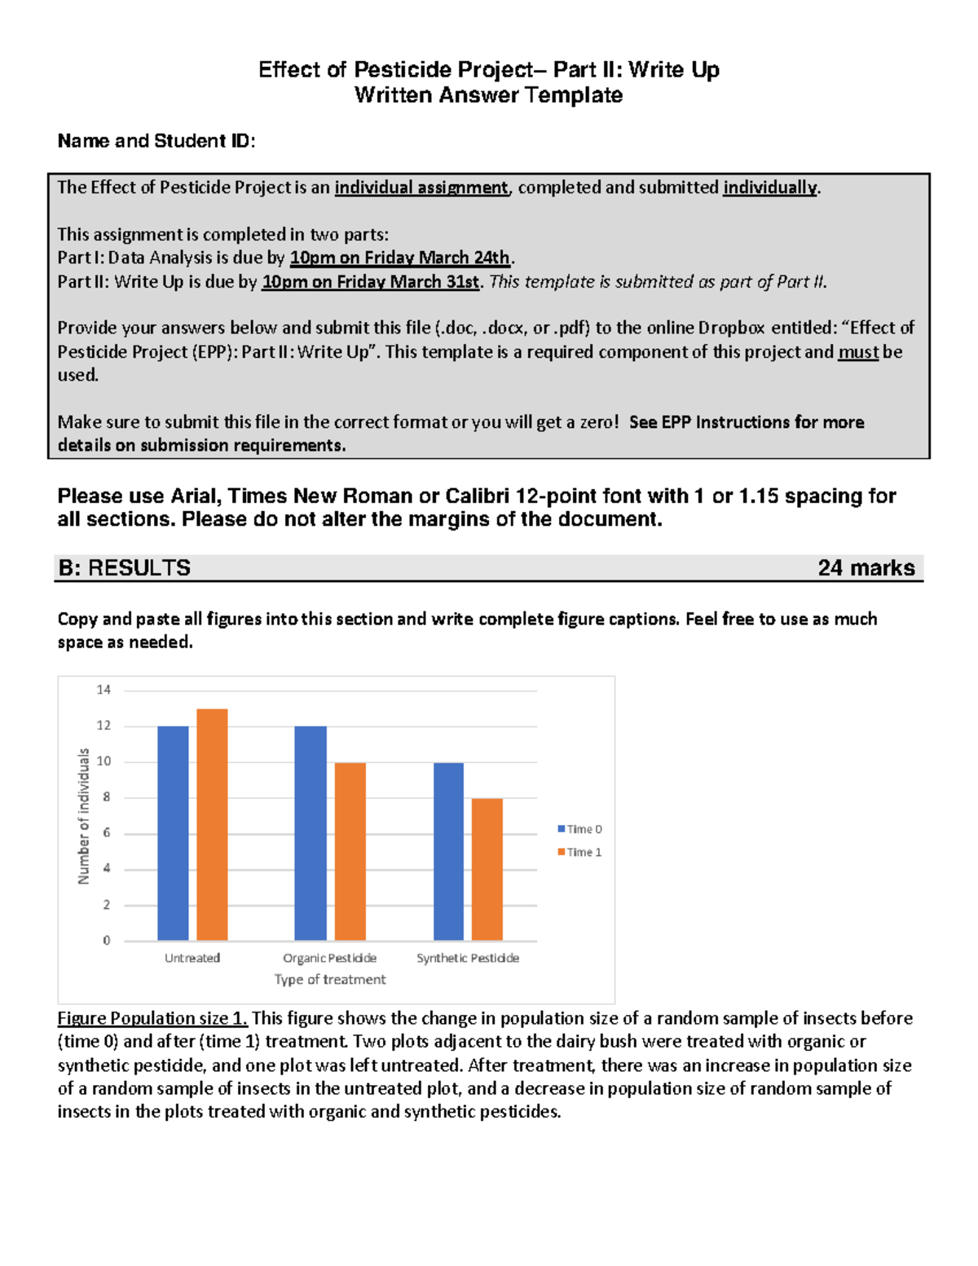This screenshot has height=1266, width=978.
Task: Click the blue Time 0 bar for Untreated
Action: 173,833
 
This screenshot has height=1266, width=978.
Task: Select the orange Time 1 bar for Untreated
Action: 212,825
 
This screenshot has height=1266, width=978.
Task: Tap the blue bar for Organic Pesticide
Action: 311,833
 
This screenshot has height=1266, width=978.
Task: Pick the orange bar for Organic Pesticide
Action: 350,852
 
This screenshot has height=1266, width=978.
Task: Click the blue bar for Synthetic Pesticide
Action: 448,852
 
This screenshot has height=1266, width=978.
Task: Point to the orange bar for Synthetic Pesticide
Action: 487,870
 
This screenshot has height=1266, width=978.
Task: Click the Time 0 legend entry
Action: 579,829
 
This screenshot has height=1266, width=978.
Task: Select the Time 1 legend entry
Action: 579,852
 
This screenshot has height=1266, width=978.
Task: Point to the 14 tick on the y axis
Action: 104,690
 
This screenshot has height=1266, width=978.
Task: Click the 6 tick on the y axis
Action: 106,833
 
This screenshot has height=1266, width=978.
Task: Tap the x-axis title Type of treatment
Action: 330,979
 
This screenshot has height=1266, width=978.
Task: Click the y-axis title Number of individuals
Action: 83,816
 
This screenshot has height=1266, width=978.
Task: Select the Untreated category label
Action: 192,958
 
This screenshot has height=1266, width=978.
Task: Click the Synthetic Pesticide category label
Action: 468,958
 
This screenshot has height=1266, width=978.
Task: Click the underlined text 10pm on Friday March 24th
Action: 400,258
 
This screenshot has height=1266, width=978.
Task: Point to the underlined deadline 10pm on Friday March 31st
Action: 371,281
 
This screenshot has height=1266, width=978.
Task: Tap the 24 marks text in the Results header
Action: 866,567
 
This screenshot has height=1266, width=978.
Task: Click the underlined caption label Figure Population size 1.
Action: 152,1018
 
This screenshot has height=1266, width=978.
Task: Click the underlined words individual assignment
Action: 421,187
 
